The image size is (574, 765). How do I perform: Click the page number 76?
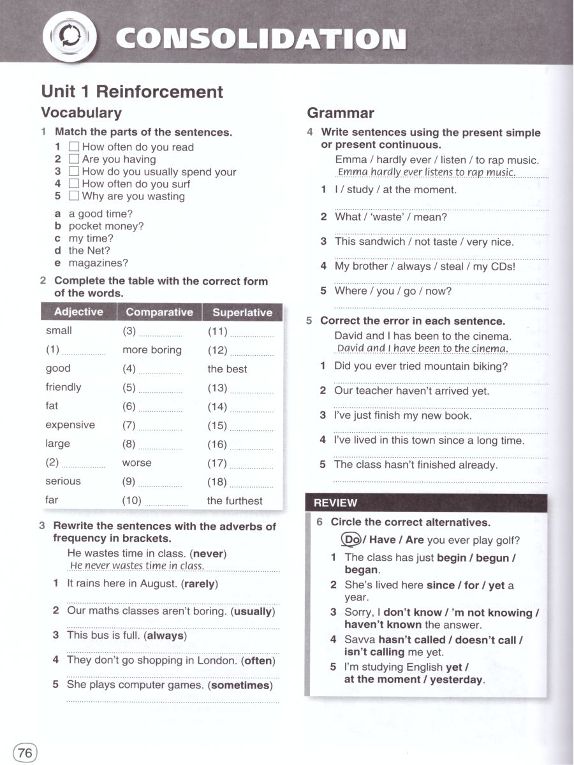[x=25, y=752]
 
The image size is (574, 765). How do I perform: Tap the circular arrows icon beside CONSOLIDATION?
[x=69, y=38]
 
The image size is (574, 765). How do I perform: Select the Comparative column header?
[x=159, y=312]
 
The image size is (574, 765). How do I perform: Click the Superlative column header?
[x=242, y=312]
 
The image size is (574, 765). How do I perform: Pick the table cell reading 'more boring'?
[x=152, y=350]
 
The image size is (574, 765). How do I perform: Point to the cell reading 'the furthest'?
[x=235, y=501]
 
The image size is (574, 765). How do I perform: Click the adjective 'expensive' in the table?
[x=70, y=425]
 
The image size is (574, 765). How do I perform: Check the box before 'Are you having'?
[x=74, y=159]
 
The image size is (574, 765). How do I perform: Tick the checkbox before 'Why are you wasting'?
[x=74, y=196]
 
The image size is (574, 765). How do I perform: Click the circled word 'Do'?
[x=352, y=540]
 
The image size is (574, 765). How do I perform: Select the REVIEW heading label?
[x=335, y=503]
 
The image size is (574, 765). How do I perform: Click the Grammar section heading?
[x=341, y=113]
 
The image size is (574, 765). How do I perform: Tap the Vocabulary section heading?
[x=81, y=113]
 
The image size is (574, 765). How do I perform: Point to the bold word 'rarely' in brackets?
[x=199, y=584]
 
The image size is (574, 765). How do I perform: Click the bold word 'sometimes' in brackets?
[x=240, y=685]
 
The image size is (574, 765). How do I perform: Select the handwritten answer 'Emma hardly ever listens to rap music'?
[x=426, y=173]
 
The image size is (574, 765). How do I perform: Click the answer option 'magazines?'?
[x=98, y=263]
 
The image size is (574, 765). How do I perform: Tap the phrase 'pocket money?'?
[x=106, y=226]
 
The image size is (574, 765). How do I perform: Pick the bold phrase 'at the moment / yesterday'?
[x=413, y=680]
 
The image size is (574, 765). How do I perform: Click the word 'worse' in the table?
[x=137, y=463]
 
